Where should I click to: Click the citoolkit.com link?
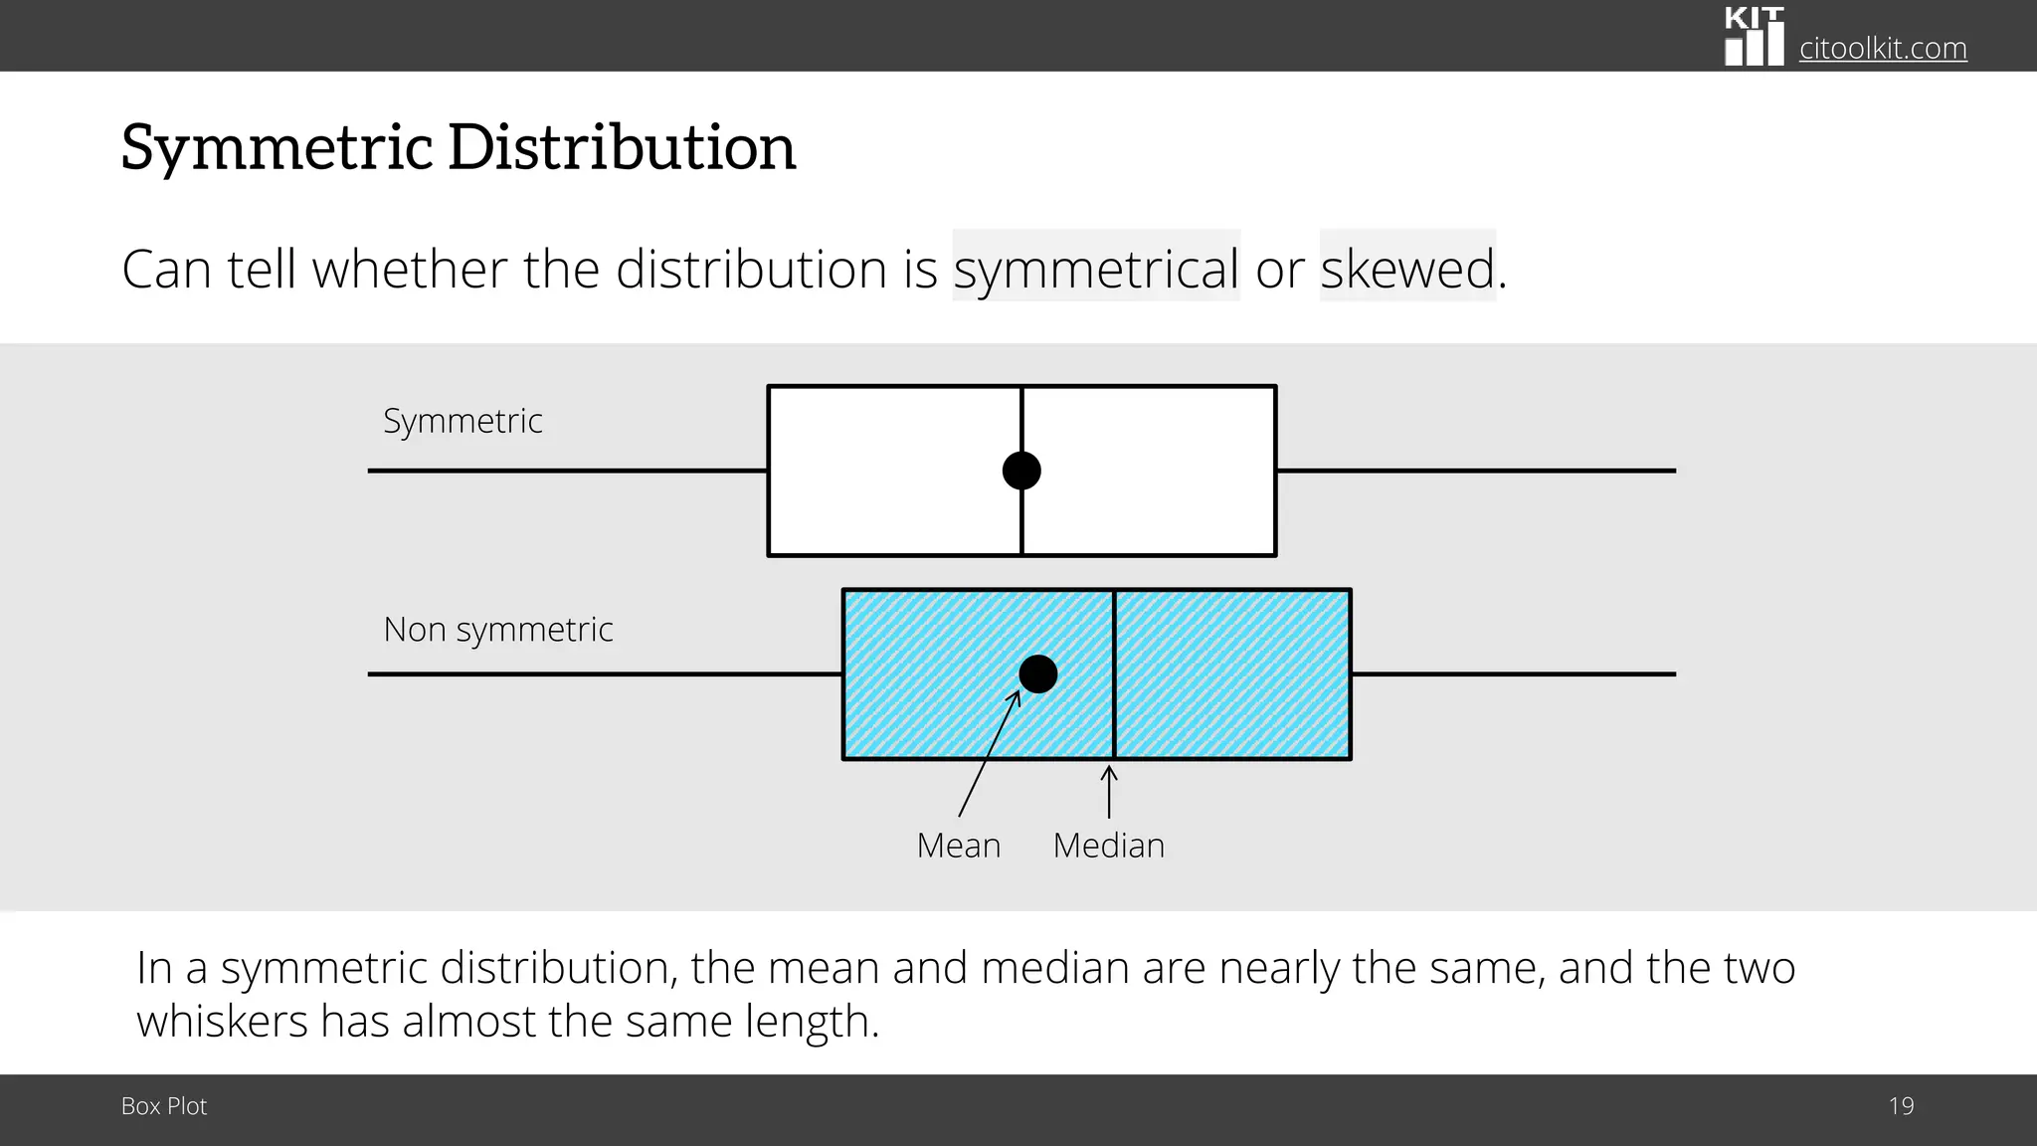[1882, 48]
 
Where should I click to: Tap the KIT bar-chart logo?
[1754, 37]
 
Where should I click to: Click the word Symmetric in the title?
[277, 147]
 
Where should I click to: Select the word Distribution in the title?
[622, 147]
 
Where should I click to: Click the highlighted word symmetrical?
[1096, 269]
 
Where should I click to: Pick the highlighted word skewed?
[1406, 269]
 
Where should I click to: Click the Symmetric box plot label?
[463, 421]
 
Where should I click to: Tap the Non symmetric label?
[497, 630]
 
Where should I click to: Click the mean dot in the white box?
[1021, 471]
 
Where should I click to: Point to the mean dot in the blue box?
[1038, 674]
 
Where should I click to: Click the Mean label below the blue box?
[958, 846]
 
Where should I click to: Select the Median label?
[1108, 846]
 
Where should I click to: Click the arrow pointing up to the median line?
[1109, 791]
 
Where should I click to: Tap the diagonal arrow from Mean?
[988, 756]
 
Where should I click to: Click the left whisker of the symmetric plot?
[567, 471]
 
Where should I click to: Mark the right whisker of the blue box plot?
[1512, 674]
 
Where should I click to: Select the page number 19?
[1901, 1106]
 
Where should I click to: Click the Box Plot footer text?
[164, 1106]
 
